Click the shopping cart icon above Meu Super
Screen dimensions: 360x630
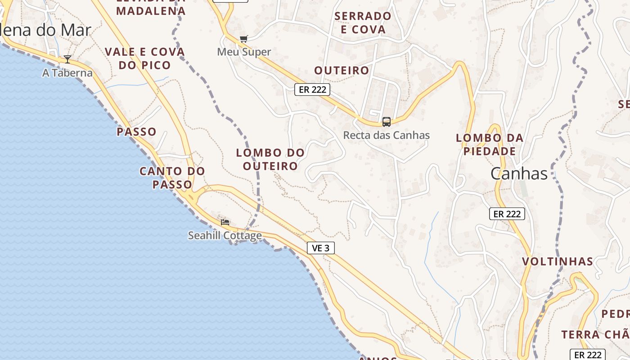point(243,39)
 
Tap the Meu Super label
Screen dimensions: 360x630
point(244,52)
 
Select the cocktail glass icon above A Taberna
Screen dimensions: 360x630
point(67,59)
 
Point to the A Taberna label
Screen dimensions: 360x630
point(67,73)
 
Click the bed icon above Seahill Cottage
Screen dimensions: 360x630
point(225,222)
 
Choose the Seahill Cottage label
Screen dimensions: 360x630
point(225,235)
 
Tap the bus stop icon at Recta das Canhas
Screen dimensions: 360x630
point(386,121)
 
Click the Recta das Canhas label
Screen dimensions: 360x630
point(386,135)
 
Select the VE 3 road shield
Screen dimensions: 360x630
point(321,247)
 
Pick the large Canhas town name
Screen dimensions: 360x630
point(519,174)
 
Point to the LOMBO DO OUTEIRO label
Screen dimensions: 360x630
point(270,159)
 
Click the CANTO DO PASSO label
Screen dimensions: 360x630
point(172,178)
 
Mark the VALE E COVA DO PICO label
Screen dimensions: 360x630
point(145,58)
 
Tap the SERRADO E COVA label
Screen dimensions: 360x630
point(363,23)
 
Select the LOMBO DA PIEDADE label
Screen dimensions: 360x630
point(490,144)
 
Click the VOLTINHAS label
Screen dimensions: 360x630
point(558,261)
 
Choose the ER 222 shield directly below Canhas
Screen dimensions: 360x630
point(507,214)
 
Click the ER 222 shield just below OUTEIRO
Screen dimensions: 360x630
point(312,90)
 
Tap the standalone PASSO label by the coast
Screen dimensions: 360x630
point(136,132)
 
